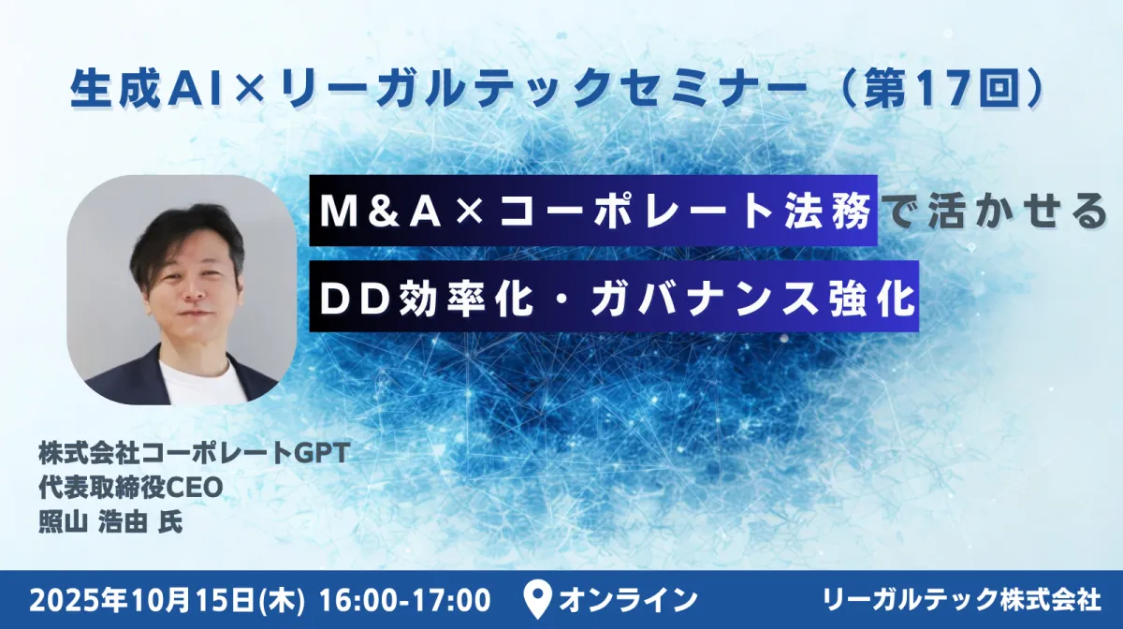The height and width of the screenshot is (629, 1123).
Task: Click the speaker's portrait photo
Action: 181,290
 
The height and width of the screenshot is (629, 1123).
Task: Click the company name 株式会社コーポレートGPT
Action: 194,453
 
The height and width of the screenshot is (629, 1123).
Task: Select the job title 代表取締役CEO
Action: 131,488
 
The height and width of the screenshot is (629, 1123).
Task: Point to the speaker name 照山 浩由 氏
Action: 110,521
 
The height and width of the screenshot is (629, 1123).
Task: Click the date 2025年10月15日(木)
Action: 167,600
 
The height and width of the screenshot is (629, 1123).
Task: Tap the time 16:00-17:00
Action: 404,600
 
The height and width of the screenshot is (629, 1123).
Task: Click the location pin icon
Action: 537,599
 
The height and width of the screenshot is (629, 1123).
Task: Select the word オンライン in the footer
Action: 628,600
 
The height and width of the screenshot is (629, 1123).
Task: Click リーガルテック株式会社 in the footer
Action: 963,600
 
